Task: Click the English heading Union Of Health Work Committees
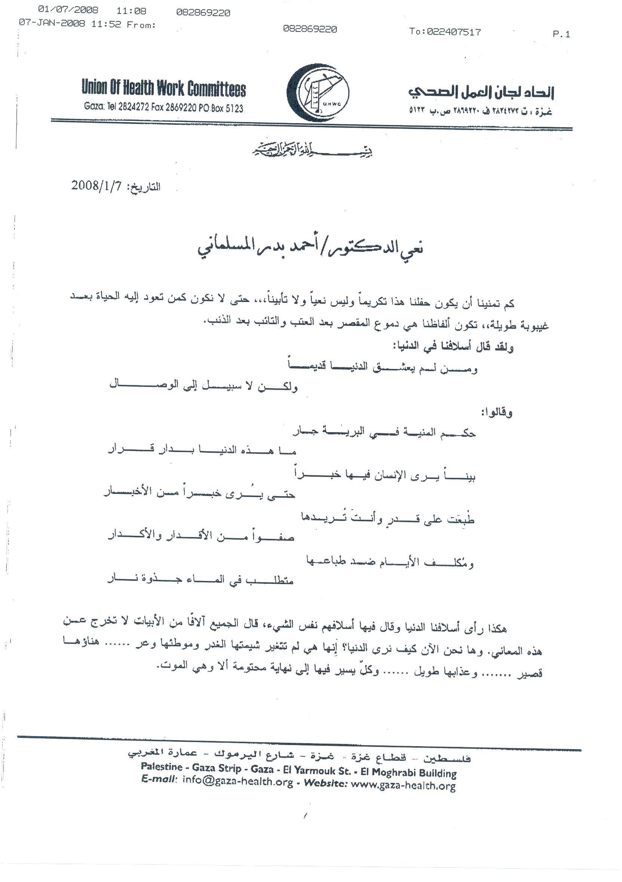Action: (x=163, y=89)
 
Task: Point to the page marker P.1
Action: (x=561, y=34)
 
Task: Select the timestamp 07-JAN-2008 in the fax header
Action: (x=52, y=24)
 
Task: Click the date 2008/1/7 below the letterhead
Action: (x=96, y=186)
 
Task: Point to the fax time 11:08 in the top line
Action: (x=131, y=11)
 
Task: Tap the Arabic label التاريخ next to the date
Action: (x=145, y=187)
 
